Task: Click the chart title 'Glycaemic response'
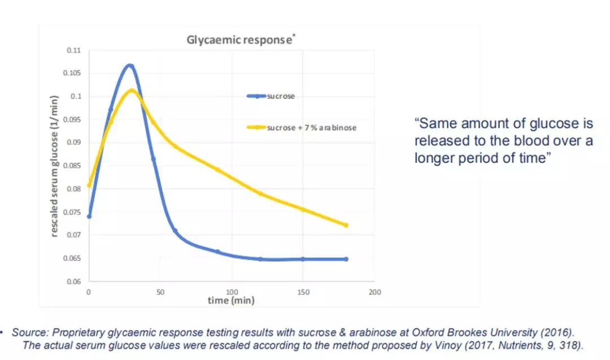(239, 41)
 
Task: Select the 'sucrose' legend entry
(280, 96)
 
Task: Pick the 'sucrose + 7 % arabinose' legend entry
(311, 128)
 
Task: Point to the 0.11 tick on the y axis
(73, 50)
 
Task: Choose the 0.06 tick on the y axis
(73, 281)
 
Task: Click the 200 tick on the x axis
(374, 292)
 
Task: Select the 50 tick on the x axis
(160, 292)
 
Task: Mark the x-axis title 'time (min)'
(230, 301)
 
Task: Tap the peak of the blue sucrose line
(129, 66)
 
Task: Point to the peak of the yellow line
(131, 90)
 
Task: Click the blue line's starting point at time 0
(89, 216)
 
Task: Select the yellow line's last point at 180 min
(346, 225)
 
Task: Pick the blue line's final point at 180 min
(346, 259)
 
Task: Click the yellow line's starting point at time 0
(89, 185)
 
